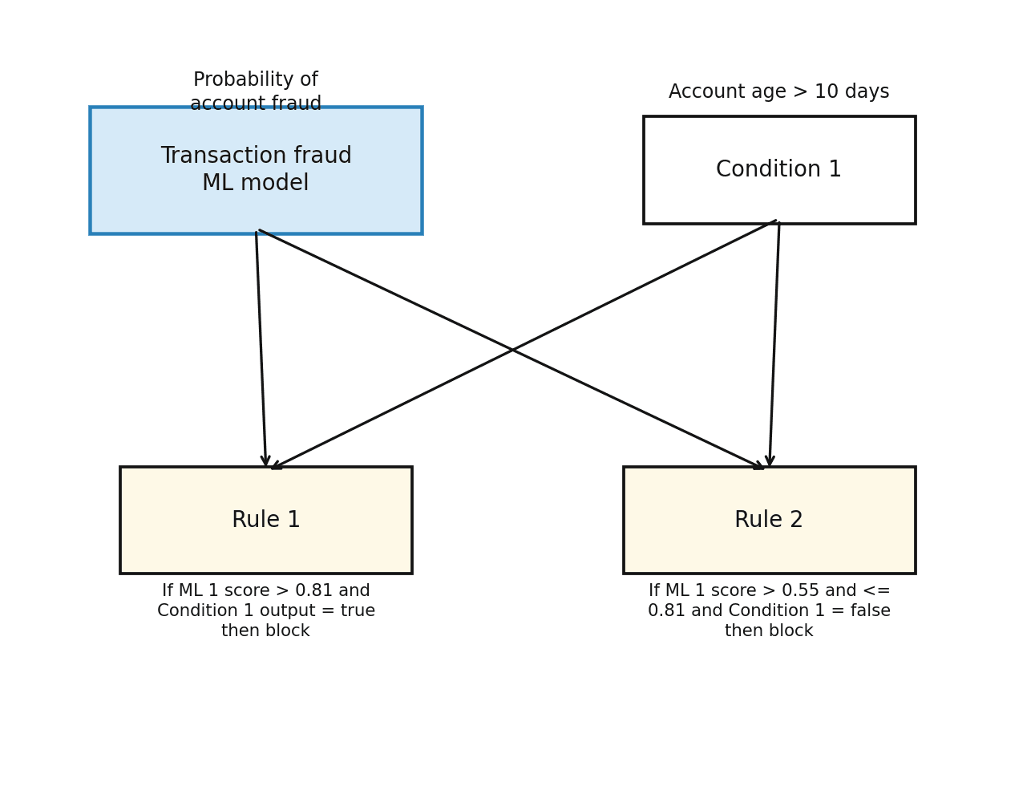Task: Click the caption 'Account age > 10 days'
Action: click(x=778, y=92)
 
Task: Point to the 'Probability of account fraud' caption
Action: click(x=256, y=91)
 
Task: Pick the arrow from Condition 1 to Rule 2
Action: click(x=774, y=345)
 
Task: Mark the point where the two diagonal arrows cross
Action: click(x=513, y=350)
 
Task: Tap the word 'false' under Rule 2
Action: click(x=869, y=611)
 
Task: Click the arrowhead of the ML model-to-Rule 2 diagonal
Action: click(x=758, y=466)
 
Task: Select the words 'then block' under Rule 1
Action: click(x=265, y=631)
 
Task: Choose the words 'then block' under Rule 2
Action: click(x=769, y=631)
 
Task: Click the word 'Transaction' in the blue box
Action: click(x=211, y=156)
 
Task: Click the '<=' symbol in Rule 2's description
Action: click(x=878, y=591)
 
